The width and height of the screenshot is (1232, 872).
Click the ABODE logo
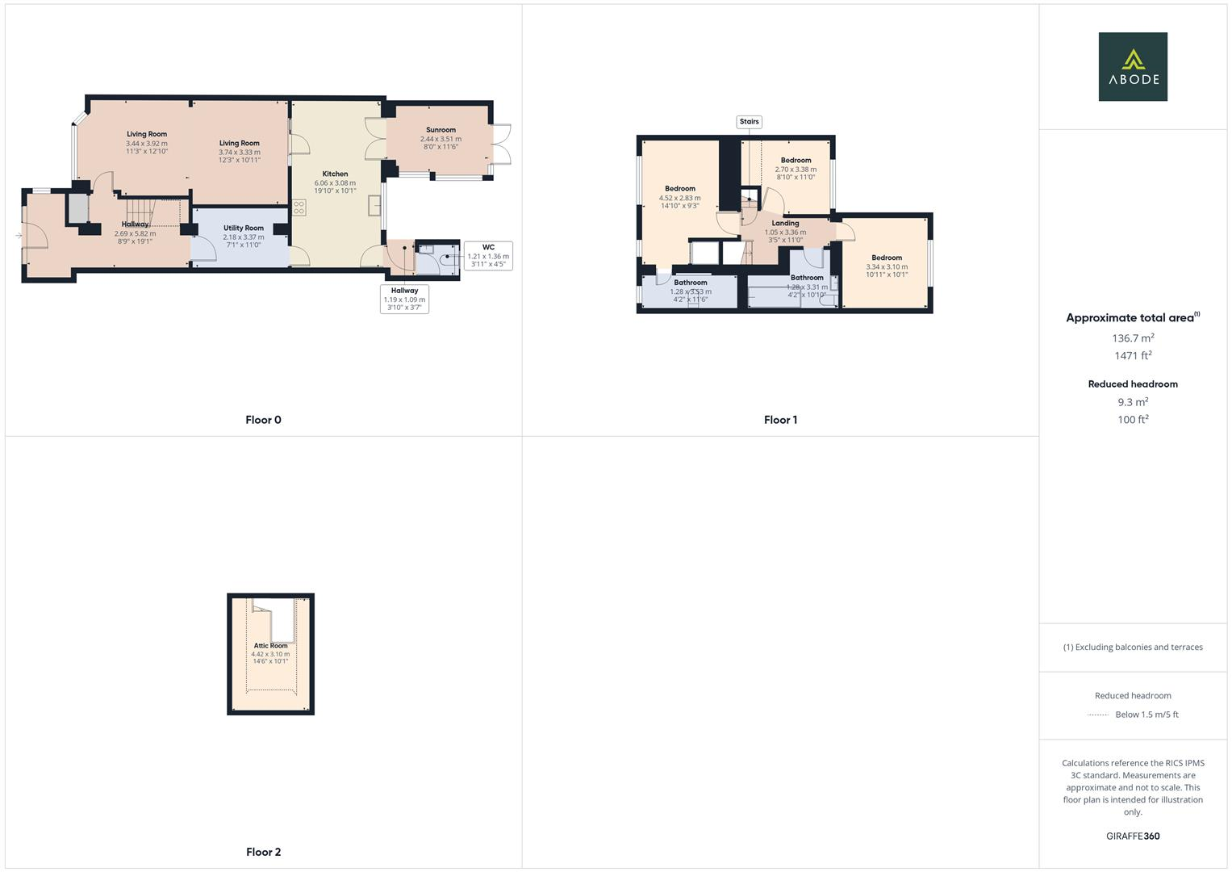(1133, 66)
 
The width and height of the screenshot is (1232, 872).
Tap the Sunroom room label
(441, 130)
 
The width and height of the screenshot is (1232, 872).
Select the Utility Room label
(244, 228)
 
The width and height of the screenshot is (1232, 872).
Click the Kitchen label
(335, 174)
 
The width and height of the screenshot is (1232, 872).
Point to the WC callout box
(488, 255)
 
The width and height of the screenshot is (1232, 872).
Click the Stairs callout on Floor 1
(750, 122)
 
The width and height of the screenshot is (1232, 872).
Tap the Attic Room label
(270, 646)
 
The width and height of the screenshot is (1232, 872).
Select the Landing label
(785, 224)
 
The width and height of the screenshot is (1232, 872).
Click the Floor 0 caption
(263, 420)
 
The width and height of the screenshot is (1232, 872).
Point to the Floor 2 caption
(263, 852)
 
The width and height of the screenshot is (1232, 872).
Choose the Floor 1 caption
(780, 420)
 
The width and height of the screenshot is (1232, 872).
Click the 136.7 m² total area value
(1133, 338)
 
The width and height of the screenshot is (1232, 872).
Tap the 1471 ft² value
(1133, 355)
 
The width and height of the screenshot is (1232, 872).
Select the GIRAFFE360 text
(1133, 836)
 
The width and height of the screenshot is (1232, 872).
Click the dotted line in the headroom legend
(1098, 715)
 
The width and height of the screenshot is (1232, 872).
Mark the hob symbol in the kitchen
(299, 208)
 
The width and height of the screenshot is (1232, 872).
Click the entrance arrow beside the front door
(18, 236)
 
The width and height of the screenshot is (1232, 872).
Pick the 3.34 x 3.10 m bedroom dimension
(887, 266)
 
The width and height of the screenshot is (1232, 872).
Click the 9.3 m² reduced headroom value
(1133, 402)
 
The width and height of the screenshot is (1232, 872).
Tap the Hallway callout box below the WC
(404, 299)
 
